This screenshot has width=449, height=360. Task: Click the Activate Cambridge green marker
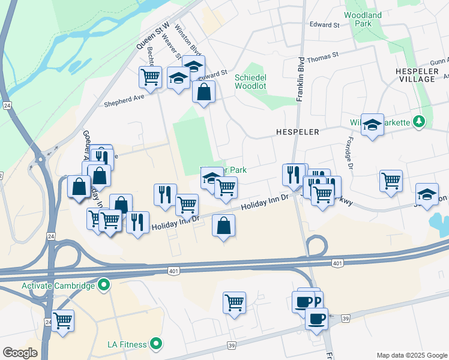pyautogui.click(x=104, y=285)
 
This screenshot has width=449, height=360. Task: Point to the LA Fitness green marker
pyautogui.click(x=157, y=344)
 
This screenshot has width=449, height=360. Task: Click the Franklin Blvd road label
pyautogui.click(x=300, y=78)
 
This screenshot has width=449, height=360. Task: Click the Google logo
pyautogui.click(x=20, y=353)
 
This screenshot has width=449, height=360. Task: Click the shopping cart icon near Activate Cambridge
pyautogui.click(x=62, y=321)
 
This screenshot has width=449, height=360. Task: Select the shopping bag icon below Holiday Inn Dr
pyautogui.click(x=223, y=226)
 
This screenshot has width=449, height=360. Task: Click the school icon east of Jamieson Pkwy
pyautogui.click(x=427, y=194)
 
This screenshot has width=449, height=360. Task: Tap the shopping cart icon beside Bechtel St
pyautogui.click(x=150, y=77)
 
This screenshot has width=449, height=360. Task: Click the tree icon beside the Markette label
pyautogui.click(x=420, y=122)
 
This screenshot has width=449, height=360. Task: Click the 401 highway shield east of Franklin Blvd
pyautogui.click(x=337, y=263)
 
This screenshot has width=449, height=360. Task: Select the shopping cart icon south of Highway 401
pyautogui.click(x=234, y=302)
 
